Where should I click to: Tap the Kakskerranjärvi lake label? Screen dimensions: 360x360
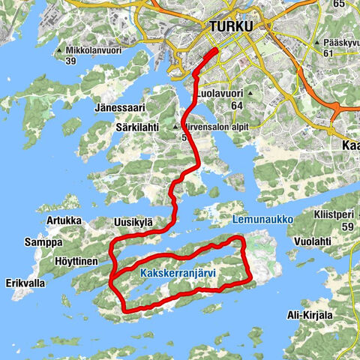[x=178, y=274]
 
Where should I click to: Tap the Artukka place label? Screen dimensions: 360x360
[x=63, y=220]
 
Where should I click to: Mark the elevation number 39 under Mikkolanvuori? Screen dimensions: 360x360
[x=93, y=61]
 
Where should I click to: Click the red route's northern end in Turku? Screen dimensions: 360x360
[x=216, y=50]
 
